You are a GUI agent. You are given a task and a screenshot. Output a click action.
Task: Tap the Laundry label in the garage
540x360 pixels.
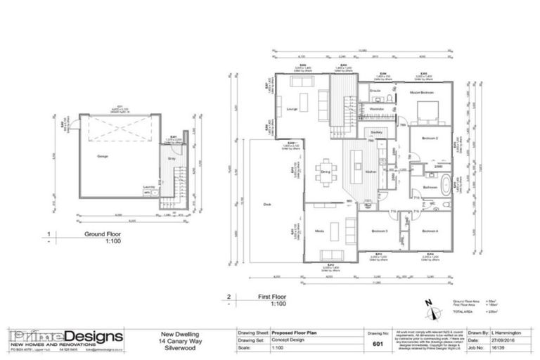pos(148,187)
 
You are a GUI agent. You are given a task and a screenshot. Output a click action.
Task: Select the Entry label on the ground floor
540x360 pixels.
pos(171,159)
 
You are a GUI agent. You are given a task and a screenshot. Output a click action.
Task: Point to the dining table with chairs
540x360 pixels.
pos(326,177)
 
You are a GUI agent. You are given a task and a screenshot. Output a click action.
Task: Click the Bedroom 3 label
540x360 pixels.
pos(380,231)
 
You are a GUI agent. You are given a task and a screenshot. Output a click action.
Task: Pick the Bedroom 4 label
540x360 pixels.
pos(430,231)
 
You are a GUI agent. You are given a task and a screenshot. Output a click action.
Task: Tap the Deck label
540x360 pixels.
pos(267,205)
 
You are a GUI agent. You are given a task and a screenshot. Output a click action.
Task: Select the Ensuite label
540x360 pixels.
pos(375,91)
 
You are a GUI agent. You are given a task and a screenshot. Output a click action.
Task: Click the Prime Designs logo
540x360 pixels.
pos(65,336)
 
